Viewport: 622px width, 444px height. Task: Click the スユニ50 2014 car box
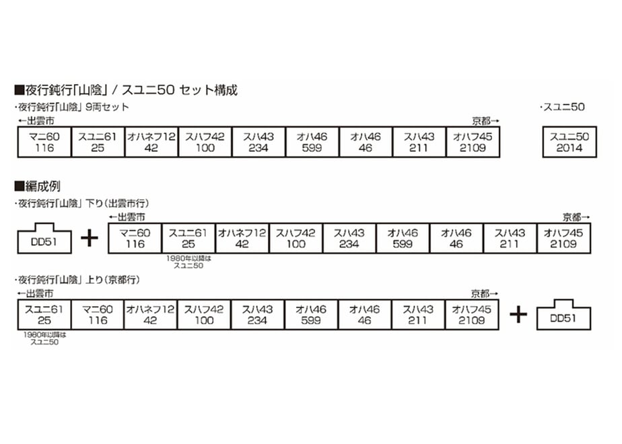(569, 142)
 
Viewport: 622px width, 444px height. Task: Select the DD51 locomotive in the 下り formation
(44, 238)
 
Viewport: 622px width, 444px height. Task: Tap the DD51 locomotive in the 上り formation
(563, 315)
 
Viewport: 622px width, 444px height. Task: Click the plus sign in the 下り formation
(90, 238)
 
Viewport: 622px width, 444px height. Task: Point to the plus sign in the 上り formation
(518, 315)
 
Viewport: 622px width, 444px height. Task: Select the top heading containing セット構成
(126, 90)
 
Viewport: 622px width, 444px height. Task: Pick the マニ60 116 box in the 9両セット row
(44, 142)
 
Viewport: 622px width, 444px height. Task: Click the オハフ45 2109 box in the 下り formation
(563, 238)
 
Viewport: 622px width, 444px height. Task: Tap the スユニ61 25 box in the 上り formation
(44, 315)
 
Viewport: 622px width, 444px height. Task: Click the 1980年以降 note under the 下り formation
(188, 262)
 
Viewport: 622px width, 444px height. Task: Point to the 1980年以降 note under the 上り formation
(44, 338)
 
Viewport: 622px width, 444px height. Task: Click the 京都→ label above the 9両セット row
(485, 120)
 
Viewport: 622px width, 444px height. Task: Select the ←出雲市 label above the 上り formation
(35, 294)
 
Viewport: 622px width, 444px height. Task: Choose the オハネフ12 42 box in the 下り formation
(242, 238)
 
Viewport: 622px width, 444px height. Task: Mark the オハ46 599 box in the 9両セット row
(312, 142)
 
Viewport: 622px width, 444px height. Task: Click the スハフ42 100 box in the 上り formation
(204, 315)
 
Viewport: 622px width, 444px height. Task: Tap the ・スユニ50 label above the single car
(562, 107)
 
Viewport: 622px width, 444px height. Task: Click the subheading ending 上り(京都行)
(78, 280)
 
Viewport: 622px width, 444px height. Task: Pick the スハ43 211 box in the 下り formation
(510, 238)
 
